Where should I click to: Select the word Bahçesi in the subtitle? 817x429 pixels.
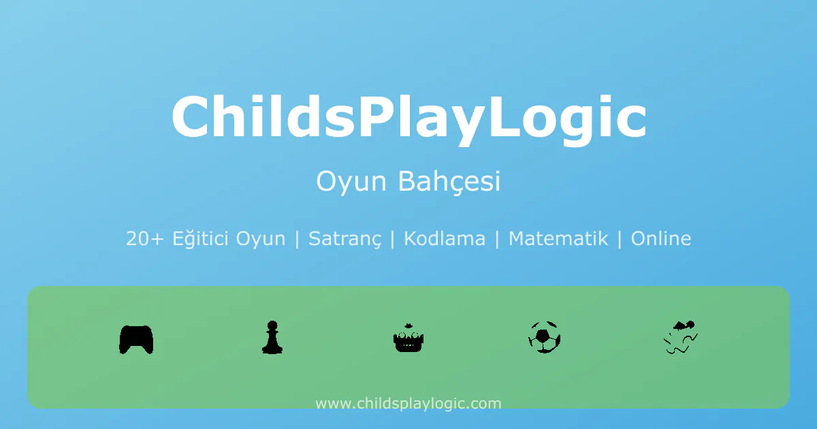[x=449, y=182]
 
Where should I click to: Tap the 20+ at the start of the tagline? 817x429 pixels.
[x=145, y=239]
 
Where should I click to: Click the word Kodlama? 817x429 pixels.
[x=445, y=238]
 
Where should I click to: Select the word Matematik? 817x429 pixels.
[x=558, y=238]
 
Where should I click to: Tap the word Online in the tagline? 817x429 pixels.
[x=661, y=238]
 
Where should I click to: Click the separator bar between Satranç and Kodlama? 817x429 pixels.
[x=392, y=239]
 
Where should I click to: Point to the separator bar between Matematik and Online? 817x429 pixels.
[x=620, y=239]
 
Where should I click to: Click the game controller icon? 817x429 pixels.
[x=136, y=339]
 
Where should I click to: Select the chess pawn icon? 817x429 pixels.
[x=272, y=338]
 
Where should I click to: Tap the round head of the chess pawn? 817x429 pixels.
[x=272, y=325]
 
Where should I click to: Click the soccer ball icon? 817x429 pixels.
[x=544, y=337]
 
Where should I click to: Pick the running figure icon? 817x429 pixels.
[x=681, y=338]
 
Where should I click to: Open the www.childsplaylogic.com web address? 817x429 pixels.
[x=408, y=404]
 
